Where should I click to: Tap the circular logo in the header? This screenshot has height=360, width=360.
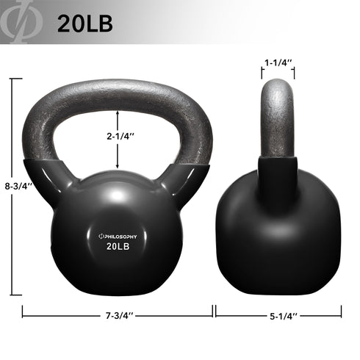19,23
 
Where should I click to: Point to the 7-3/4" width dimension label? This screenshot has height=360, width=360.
118,314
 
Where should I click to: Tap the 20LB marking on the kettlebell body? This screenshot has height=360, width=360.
120,248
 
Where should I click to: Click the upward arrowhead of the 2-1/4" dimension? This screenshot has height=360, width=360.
118,112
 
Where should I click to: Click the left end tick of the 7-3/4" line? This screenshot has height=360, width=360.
24,312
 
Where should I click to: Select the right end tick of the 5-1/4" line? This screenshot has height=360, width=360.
342,312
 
